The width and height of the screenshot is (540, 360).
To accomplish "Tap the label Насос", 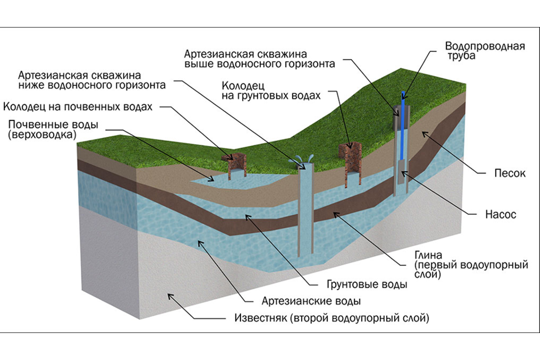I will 499,215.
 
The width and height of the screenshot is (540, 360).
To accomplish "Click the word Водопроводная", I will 485,46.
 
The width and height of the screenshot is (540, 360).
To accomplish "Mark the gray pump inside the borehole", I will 401,173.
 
